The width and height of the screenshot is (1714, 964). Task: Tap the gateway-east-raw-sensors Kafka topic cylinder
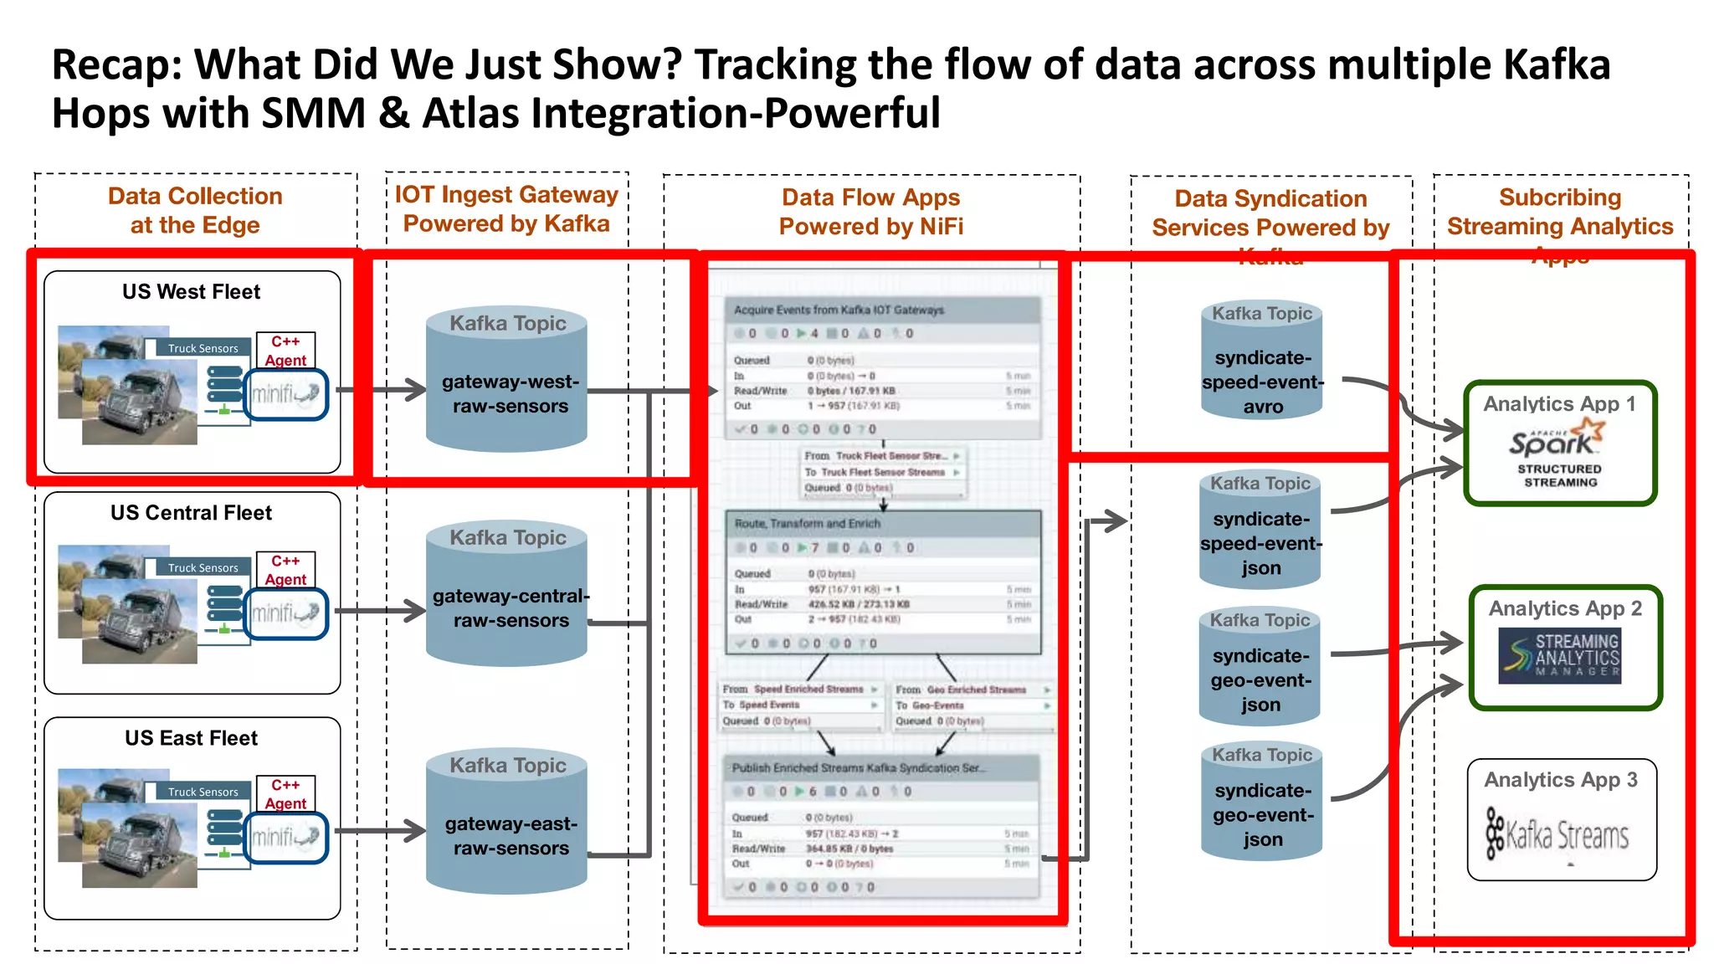tap(507, 824)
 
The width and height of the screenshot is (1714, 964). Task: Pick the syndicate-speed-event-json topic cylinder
tap(1260, 531)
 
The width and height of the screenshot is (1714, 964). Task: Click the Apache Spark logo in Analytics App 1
tap(1557, 438)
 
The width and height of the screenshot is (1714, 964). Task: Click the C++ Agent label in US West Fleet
tap(285, 351)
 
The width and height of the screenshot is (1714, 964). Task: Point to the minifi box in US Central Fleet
tap(285, 613)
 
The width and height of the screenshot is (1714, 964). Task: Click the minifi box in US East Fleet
tap(285, 837)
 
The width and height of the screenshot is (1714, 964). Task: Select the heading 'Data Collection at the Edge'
tap(195, 210)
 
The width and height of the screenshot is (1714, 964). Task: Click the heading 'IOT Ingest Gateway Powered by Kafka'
tap(506, 209)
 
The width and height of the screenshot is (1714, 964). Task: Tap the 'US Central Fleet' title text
tap(191, 513)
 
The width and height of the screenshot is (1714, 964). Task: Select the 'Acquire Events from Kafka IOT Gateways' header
tap(839, 310)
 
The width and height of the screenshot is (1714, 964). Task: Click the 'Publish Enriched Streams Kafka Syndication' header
tap(859, 767)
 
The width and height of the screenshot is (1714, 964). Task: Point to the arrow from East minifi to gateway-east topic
tap(382, 831)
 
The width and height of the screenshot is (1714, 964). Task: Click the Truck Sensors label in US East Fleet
tap(203, 792)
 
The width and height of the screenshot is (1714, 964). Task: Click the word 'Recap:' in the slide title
tap(117, 65)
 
